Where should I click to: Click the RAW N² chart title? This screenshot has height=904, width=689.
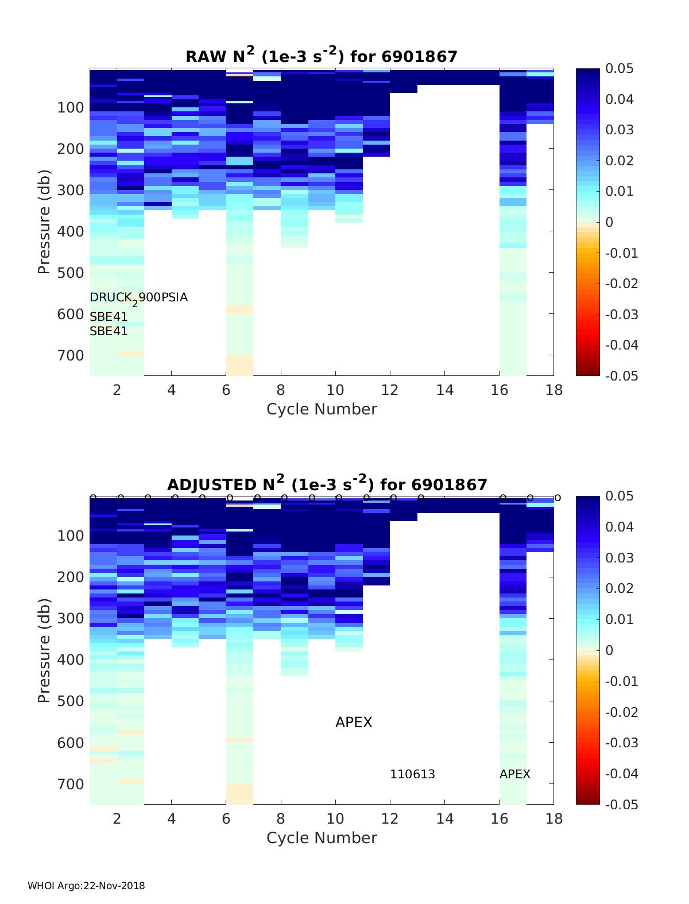pyautogui.click(x=321, y=56)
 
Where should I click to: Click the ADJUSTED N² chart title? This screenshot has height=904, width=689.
pyautogui.click(x=327, y=484)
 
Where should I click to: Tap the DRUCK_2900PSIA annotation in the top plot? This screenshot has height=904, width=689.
pyautogui.click(x=139, y=298)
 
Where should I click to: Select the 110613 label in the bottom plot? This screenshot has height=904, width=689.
pyautogui.click(x=412, y=774)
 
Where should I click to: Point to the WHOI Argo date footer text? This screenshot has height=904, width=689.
pyautogui.click(x=86, y=886)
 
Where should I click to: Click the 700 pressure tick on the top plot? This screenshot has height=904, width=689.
pyautogui.click(x=71, y=355)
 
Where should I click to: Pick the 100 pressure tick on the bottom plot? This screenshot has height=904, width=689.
pyautogui.click(x=71, y=536)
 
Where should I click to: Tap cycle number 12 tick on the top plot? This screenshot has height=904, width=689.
pyautogui.click(x=390, y=390)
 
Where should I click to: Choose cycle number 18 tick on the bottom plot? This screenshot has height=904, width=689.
pyautogui.click(x=553, y=818)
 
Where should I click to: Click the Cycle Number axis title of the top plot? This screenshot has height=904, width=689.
pyautogui.click(x=322, y=409)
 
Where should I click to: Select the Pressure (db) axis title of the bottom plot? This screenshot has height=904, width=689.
pyautogui.click(x=44, y=650)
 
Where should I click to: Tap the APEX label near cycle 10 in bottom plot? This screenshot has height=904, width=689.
pyautogui.click(x=354, y=722)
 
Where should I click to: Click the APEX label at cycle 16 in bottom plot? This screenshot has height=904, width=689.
pyautogui.click(x=514, y=774)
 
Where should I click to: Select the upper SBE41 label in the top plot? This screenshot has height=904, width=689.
pyautogui.click(x=109, y=317)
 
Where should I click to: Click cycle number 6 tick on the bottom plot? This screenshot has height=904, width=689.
pyautogui.click(x=226, y=818)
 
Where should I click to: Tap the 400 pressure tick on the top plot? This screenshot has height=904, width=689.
pyautogui.click(x=71, y=231)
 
